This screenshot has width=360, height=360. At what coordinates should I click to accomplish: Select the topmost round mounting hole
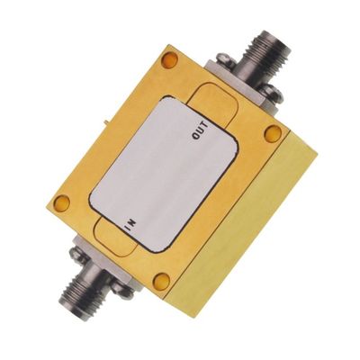(168, 60)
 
